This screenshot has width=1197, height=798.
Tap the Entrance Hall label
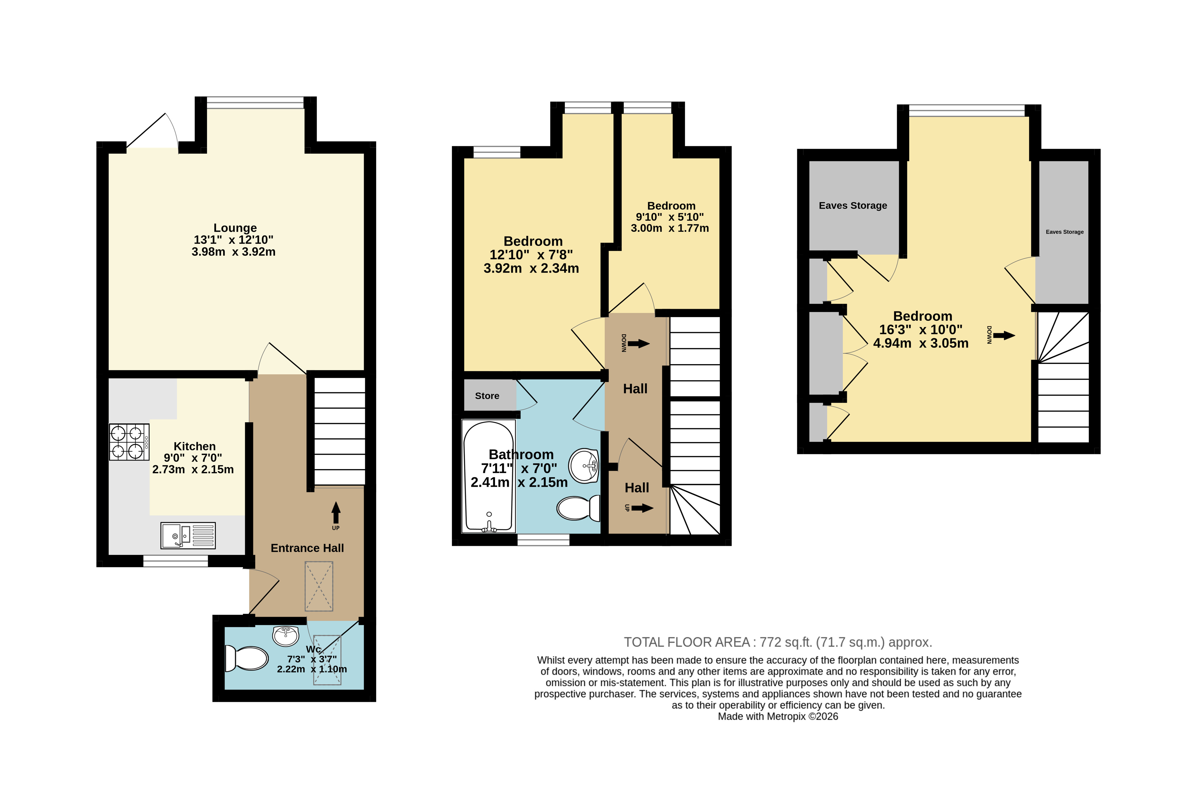(x=307, y=548)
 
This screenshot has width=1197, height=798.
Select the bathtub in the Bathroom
(x=488, y=476)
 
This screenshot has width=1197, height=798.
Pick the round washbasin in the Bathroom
(x=583, y=465)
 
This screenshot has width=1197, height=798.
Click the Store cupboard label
(x=487, y=396)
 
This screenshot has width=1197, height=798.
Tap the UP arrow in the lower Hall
(x=642, y=508)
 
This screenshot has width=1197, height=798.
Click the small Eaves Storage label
(x=1064, y=232)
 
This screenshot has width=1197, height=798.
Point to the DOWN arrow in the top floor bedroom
(x=1004, y=335)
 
